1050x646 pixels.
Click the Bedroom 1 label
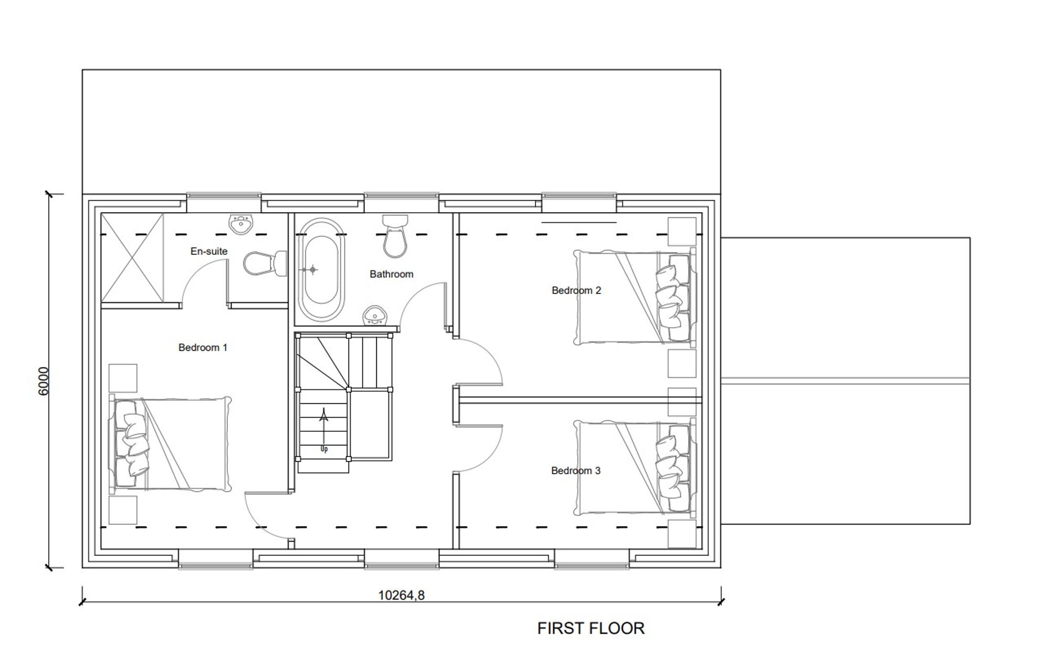(x=203, y=348)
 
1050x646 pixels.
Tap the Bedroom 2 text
(x=576, y=290)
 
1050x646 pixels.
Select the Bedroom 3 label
(x=575, y=471)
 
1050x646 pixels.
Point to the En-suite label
(x=208, y=252)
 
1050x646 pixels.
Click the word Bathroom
(x=391, y=274)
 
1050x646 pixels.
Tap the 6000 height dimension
(x=44, y=381)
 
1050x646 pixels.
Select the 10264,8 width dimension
(x=401, y=595)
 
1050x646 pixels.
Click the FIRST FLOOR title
(x=591, y=628)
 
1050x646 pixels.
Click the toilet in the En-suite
(x=264, y=263)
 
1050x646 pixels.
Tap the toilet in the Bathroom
(x=395, y=236)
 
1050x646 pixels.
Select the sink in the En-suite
(x=241, y=224)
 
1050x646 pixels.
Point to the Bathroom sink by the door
(x=375, y=315)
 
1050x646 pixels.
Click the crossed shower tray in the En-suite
(x=132, y=257)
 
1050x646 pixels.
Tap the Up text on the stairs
(x=324, y=449)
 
